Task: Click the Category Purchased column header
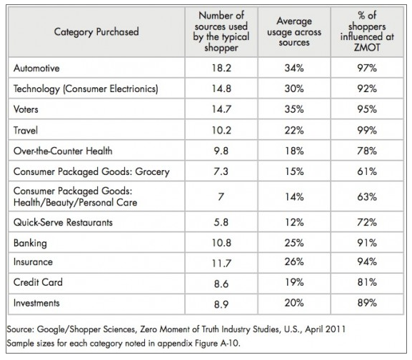[96, 32]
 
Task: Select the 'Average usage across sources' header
[294, 31]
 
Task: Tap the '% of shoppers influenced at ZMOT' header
[367, 31]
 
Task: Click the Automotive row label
[36, 68]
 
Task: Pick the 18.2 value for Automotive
[221, 68]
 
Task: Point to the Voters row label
[26, 109]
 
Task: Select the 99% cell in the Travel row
[367, 130]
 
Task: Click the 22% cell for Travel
[294, 130]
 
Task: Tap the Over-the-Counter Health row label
[63, 151]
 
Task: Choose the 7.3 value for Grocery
[221, 171]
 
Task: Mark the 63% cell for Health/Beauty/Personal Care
[367, 196]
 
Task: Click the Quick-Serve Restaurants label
[63, 222]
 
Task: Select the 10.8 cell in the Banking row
[221, 243]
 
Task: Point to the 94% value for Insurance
[367, 261]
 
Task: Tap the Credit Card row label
[38, 282]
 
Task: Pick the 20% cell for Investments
[294, 303]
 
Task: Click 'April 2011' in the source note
[326, 329]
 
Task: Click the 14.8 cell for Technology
[221, 89]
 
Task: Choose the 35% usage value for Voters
[294, 109]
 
